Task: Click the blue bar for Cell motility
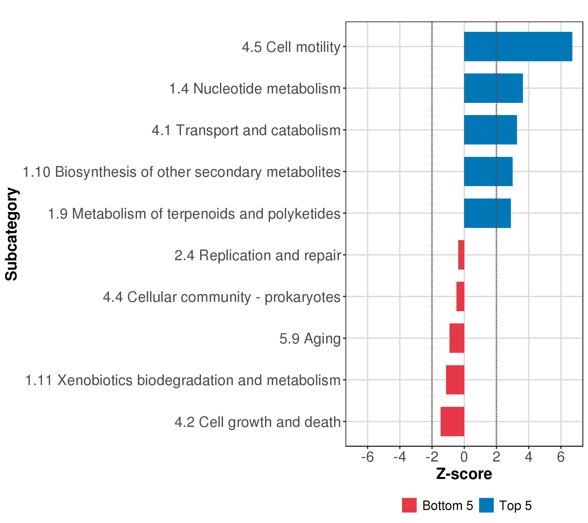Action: click(x=518, y=47)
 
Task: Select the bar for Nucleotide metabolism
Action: click(x=493, y=88)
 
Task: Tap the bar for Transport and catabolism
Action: click(x=490, y=130)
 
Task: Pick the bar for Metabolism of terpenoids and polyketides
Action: click(x=487, y=213)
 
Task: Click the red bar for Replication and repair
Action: click(x=461, y=255)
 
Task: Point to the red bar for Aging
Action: click(x=457, y=338)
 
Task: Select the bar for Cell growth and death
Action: click(x=452, y=421)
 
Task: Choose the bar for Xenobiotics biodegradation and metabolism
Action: click(x=455, y=380)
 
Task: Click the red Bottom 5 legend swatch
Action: click(x=409, y=505)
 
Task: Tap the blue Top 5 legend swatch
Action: click(x=486, y=505)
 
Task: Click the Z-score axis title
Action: click(x=464, y=474)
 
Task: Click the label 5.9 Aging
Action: click(x=310, y=338)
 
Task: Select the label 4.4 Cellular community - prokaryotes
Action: click(x=221, y=297)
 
